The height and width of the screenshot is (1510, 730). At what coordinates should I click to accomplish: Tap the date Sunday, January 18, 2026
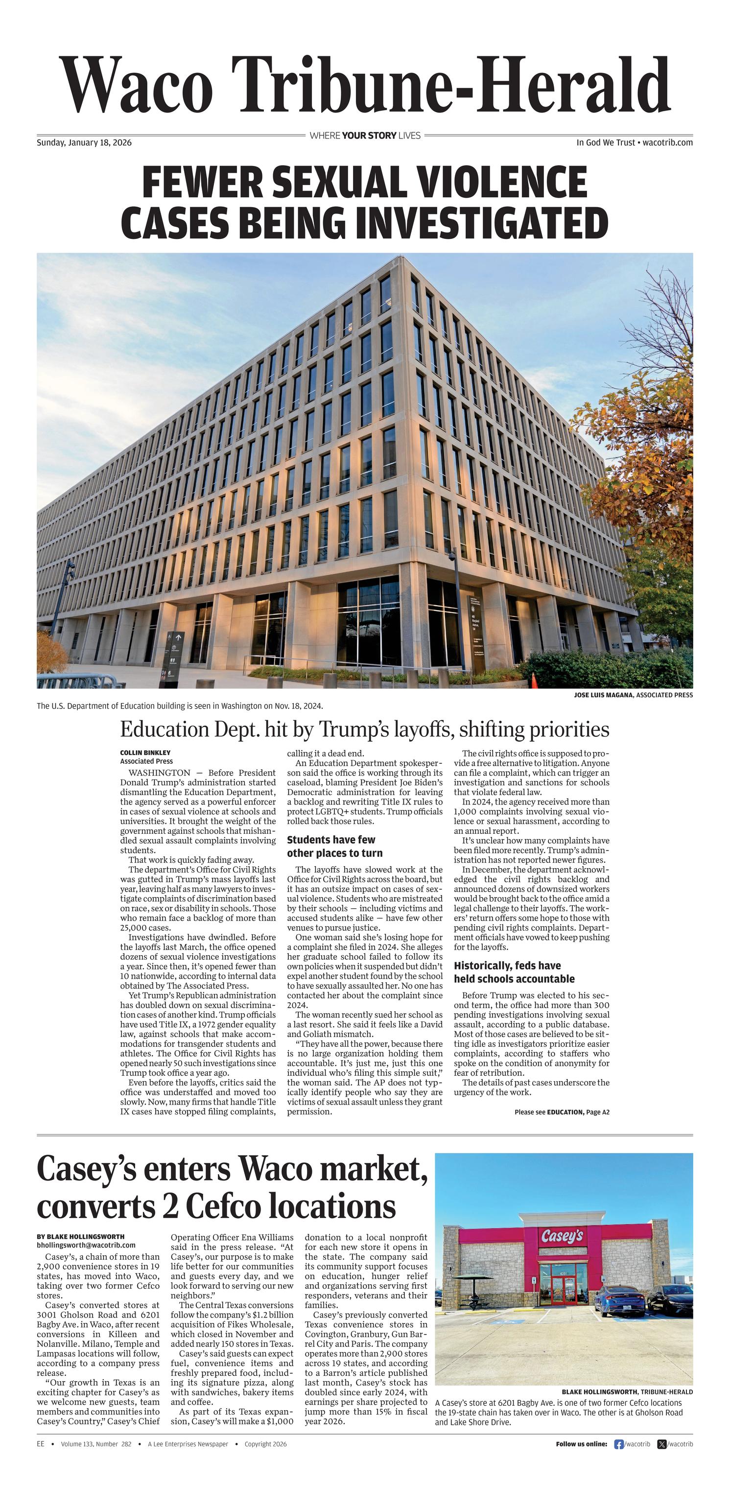(x=84, y=142)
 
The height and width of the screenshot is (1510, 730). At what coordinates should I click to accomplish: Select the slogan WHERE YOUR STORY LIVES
(x=365, y=136)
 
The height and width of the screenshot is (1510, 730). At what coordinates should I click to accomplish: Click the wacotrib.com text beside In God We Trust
(x=667, y=142)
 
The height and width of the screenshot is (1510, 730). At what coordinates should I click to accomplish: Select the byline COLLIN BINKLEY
(x=145, y=753)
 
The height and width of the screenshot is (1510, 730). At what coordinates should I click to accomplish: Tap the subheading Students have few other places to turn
(x=334, y=847)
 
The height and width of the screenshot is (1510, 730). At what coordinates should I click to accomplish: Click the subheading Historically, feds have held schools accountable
(x=514, y=972)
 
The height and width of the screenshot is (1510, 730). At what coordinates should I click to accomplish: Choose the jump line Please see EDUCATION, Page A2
(x=562, y=1112)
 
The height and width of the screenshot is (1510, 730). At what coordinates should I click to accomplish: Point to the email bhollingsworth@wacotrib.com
(x=86, y=1245)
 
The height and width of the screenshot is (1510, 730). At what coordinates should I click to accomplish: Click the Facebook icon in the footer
(x=618, y=1444)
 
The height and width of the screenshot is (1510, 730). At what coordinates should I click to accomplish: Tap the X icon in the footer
(x=662, y=1444)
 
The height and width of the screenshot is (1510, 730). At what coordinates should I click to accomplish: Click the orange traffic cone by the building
(x=534, y=681)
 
